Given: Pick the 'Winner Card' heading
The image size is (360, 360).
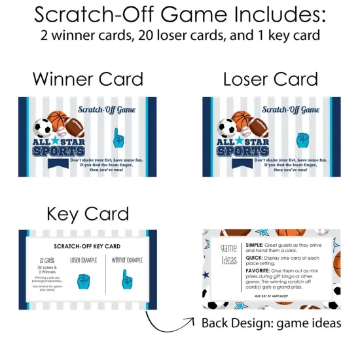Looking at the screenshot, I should coord(88,79).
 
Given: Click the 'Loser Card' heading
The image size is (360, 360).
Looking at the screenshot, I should coord(271,79).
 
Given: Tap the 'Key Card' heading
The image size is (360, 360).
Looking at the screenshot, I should coord(88,213).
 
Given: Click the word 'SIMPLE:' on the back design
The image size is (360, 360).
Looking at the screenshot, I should coord(252,245).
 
